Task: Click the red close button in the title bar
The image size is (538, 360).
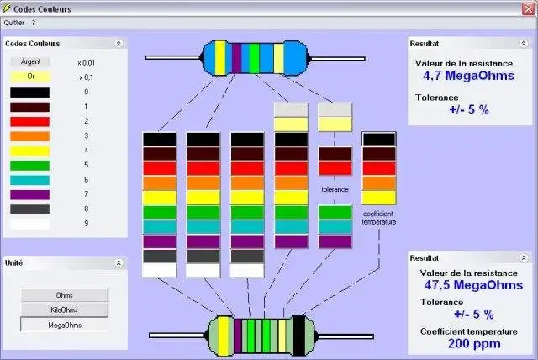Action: click(529, 8)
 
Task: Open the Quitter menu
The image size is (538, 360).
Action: click(14, 23)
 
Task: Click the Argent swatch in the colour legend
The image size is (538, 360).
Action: click(30, 61)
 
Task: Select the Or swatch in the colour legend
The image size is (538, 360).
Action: click(30, 77)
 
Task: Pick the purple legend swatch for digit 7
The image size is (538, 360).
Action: click(30, 195)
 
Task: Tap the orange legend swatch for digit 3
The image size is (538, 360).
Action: click(30, 136)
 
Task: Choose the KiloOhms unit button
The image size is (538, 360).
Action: click(64, 310)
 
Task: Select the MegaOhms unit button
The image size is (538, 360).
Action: click(65, 325)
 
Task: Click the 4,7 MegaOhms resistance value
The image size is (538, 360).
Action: click(468, 76)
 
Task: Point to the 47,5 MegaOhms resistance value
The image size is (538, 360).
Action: click(473, 285)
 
